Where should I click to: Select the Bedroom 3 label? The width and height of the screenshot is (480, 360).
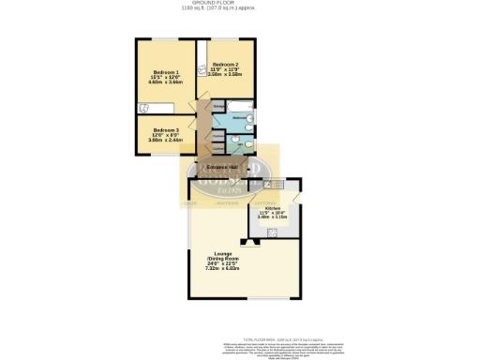click(x=164, y=130)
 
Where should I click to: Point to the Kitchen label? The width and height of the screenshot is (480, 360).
click(x=272, y=208)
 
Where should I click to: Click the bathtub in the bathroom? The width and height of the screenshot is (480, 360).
click(x=240, y=104)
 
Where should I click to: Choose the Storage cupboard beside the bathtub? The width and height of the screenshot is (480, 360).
click(x=217, y=106)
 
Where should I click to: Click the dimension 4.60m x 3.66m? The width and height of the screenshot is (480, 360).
click(x=164, y=83)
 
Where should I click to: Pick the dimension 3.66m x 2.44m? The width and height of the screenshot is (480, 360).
click(x=164, y=142)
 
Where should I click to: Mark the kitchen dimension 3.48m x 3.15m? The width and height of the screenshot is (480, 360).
click(x=272, y=218)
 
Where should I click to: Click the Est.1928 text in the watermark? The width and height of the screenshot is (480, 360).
click(x=226, y=191)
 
